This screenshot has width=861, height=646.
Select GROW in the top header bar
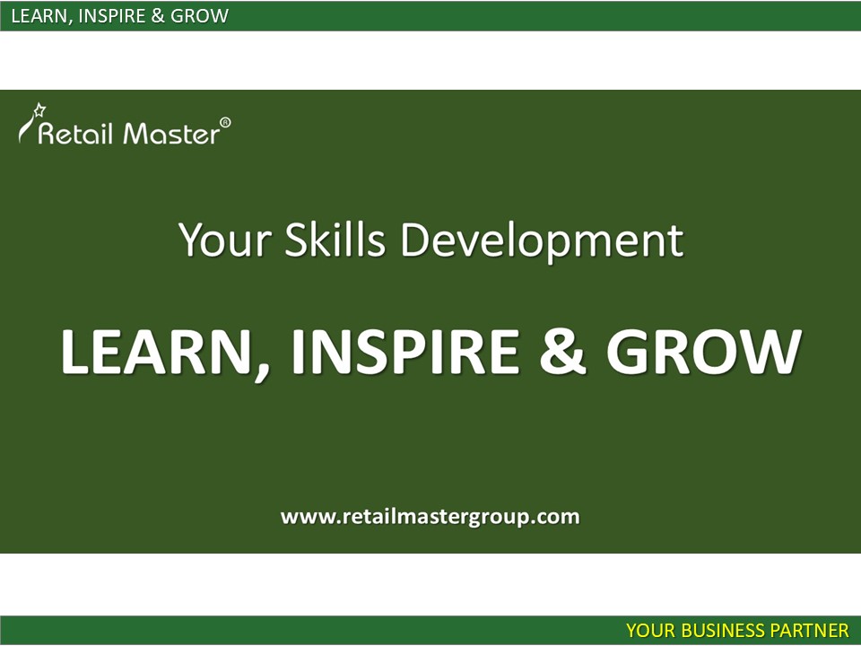click(x=199, y=16)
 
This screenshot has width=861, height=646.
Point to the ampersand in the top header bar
click(x=158, y=16)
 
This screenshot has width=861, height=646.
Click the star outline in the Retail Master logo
click(x=39, y=109)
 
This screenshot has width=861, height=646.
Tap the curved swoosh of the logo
click(x=25, y=128)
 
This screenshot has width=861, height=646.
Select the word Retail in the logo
click(x=75, y=134)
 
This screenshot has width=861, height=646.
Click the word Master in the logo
click(x=171, y=134)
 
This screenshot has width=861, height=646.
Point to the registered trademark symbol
click(x=225, y=123)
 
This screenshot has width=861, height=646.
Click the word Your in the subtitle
click(x=225, y=240)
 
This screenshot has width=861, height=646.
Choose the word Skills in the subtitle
click(x=335, y=240)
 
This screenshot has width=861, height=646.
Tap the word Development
click(x=543, y=241)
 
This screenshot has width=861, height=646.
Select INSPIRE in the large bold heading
click(x=405, y=352)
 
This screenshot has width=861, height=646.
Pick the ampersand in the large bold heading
click(x=563, y=352)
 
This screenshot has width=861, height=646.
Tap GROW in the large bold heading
click(x=705, y=352)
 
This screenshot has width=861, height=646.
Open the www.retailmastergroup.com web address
click(x=430, y=517)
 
